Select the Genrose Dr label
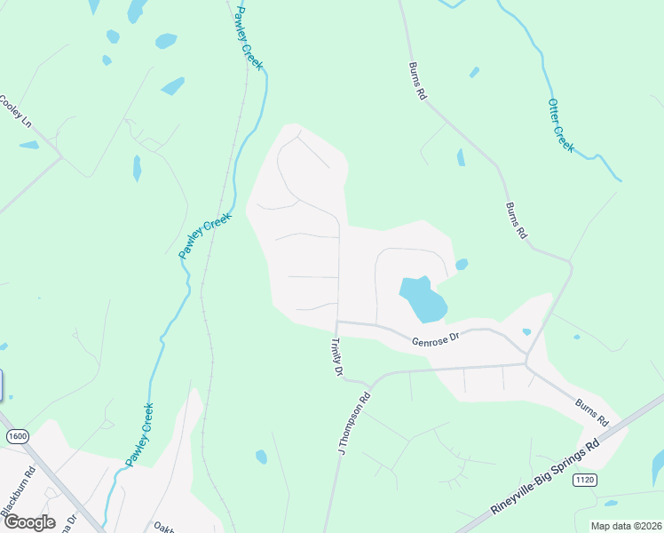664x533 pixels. pyautogui.click(x=435, y=338)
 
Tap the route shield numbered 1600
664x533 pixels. pyautogui.click(x=17, y=436)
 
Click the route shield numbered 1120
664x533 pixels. pyautogui.click(x=584, y=480)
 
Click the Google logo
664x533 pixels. pyautogui.click(x=28, y=522)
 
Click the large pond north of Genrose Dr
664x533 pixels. pyautogui.click(x=422, y=299)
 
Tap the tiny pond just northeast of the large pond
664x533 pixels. pyautogui.click(x=462, y=264)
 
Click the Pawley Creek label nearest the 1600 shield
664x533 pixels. pyautogui.click(x=139, y=433)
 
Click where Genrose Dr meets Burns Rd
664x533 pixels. pyautogui.click(x=526, y=354)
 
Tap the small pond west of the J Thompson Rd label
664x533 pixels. pyautogui.click(x=261, y=457)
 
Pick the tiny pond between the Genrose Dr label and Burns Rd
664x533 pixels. pyautogui.click(x=526, y=332)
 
